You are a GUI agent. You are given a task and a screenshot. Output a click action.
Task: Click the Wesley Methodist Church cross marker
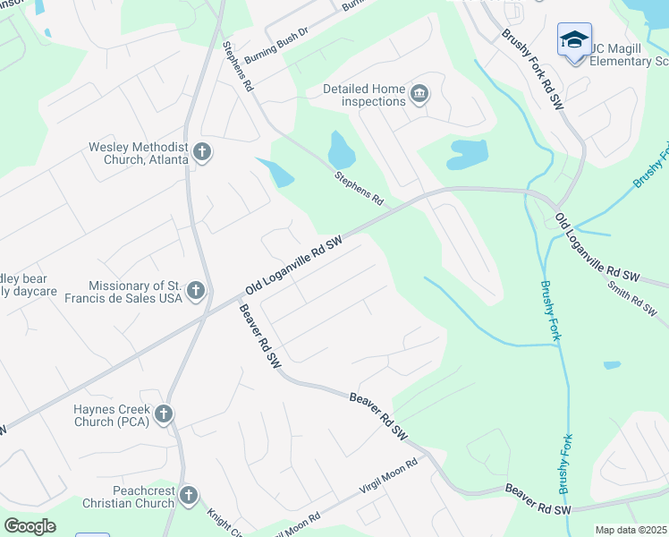(x=202, y=152)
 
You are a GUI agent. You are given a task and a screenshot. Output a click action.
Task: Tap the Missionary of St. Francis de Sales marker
(x=196, y=291)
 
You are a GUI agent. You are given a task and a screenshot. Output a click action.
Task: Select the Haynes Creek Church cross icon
(x=163, y=413)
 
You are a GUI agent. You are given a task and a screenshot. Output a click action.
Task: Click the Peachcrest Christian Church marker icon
(x=188, y=495)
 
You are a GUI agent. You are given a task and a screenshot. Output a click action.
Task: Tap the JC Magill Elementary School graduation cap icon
(x=574, y=40)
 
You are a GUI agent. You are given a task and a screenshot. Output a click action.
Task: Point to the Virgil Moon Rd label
(x=389, y=475)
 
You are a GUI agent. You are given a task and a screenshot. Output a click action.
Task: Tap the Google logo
(x=30, y=525)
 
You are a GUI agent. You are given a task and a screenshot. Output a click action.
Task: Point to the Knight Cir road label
(x=224, y=524)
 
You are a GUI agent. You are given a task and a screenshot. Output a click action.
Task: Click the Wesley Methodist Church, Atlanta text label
(x=138, y=153)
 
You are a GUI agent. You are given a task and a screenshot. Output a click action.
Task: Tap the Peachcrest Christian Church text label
(x=131, y=497)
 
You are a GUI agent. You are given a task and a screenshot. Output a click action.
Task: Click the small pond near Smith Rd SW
(x=612, y=365)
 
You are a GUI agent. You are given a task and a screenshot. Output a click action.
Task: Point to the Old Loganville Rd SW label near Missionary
(x=294, y=266)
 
